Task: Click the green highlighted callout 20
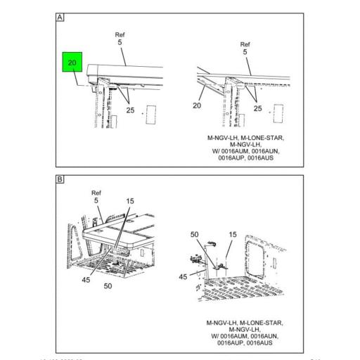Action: click(71, 64)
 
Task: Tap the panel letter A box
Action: click(60, 18)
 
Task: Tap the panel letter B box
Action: click(60, 180)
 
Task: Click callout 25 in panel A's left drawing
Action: click(131, 110)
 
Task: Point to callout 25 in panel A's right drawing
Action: click(258, 108)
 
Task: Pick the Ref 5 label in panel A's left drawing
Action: click(119, 39)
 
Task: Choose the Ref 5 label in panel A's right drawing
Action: click(245, 48)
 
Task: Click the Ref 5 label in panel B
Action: click(96, 197)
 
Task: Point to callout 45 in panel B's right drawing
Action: click(184, 276)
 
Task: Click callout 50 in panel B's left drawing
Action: click(108, 287)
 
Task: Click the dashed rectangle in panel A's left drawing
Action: click(149, 115)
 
